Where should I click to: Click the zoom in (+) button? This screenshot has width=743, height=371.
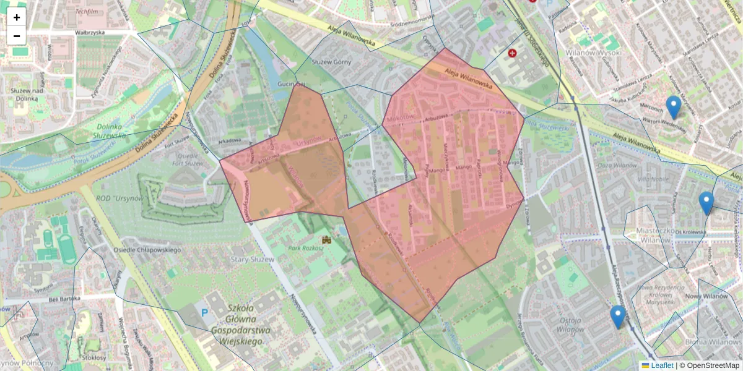pyautogui.click(x=17, y=17)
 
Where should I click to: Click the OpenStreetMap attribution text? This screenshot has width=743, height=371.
pyautogui.click(x=713, y=365)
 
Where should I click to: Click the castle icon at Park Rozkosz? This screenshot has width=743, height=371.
pyautogui.click(x=326, y=239)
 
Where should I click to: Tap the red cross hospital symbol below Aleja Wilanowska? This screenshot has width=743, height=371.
pyautogui.click(x=512, y=54)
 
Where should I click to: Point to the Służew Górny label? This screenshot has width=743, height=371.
pyautogui.click(x=331, y=62)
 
